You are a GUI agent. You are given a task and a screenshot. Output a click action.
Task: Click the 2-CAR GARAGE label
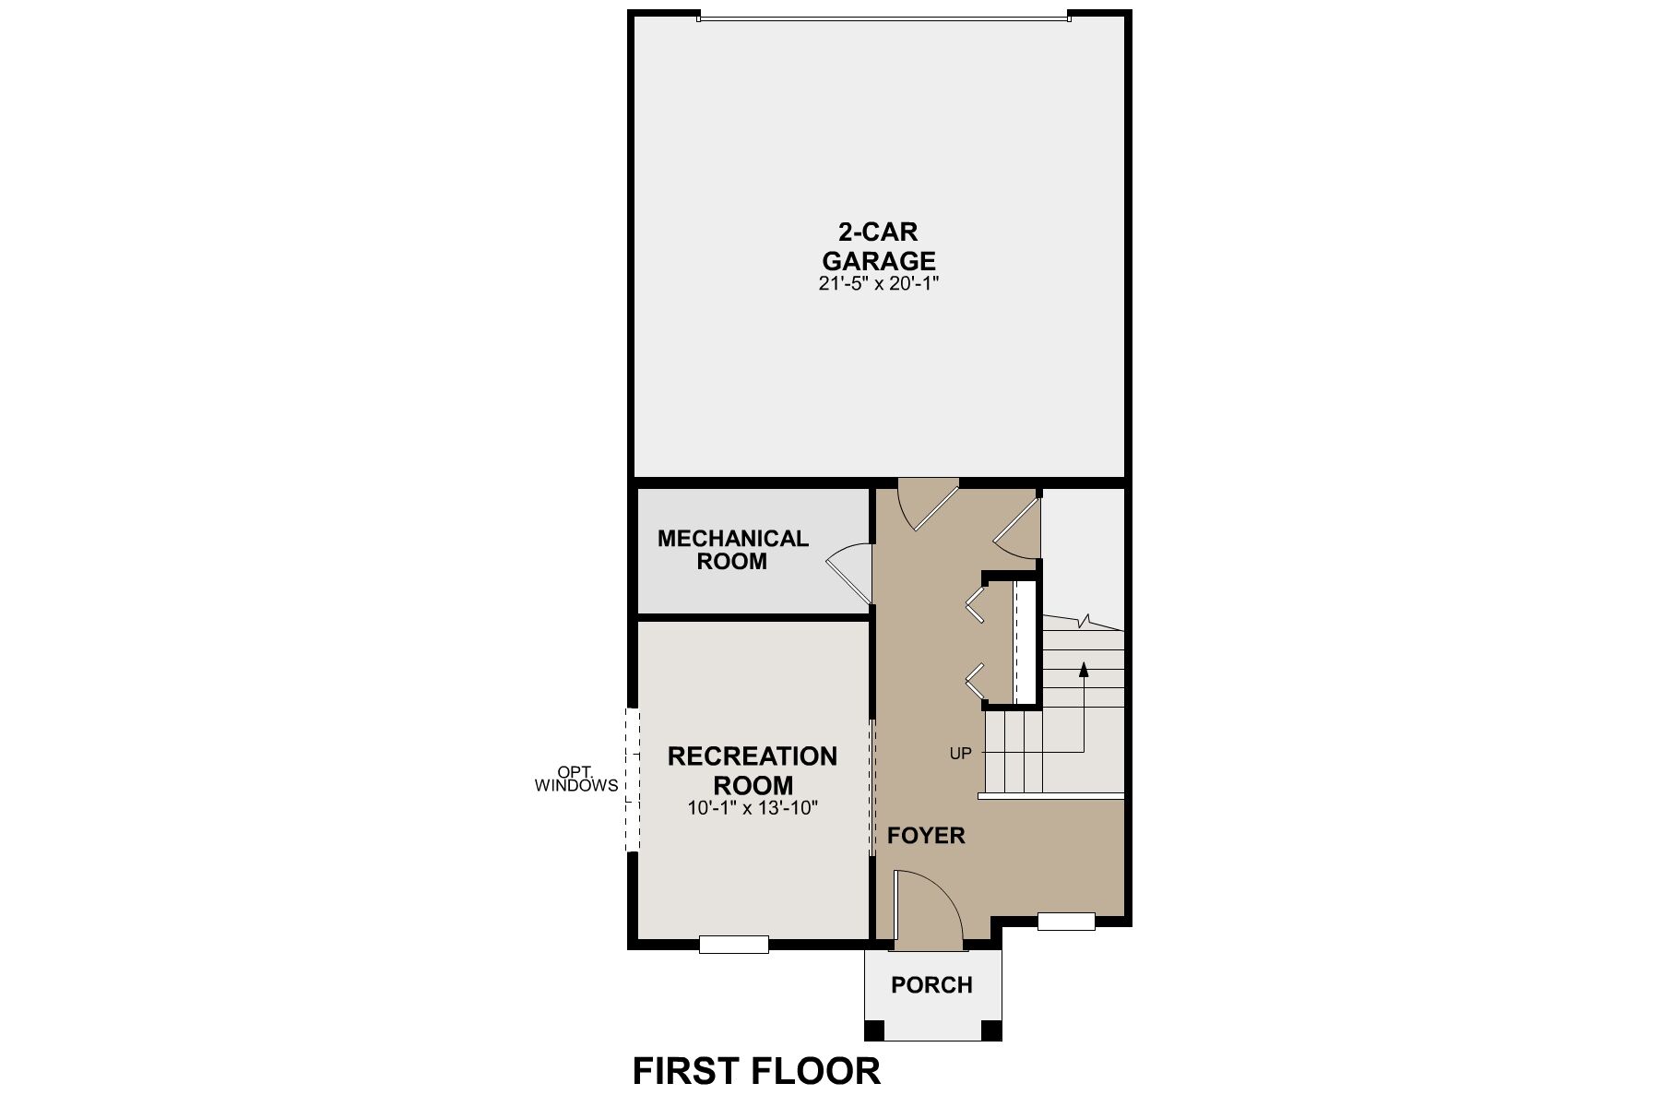click(878, 245)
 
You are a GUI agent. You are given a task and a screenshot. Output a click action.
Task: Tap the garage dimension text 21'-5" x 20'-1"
click(878, 284)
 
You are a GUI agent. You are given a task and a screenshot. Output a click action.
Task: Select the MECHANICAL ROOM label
click(732, 550)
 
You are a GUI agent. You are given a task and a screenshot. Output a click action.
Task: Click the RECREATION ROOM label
click(753, 770)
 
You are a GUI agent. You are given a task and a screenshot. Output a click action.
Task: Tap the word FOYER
click(926, 836)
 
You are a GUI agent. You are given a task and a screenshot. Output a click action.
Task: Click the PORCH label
click(931, 985)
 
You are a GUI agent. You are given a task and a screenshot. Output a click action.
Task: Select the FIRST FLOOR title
click(756, 1072)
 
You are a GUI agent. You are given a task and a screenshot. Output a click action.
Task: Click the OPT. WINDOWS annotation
click(576, 780)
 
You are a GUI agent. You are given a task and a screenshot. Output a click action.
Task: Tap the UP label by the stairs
click(960, 754)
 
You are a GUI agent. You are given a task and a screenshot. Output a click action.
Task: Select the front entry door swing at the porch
click(927, 909)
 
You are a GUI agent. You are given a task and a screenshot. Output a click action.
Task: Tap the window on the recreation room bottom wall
click(733, 944)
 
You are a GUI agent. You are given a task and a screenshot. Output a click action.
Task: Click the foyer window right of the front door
click(1066, 921)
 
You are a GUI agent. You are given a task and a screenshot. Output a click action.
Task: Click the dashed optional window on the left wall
click(632, 780)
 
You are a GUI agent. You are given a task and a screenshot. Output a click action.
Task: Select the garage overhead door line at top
click(883, 17)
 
